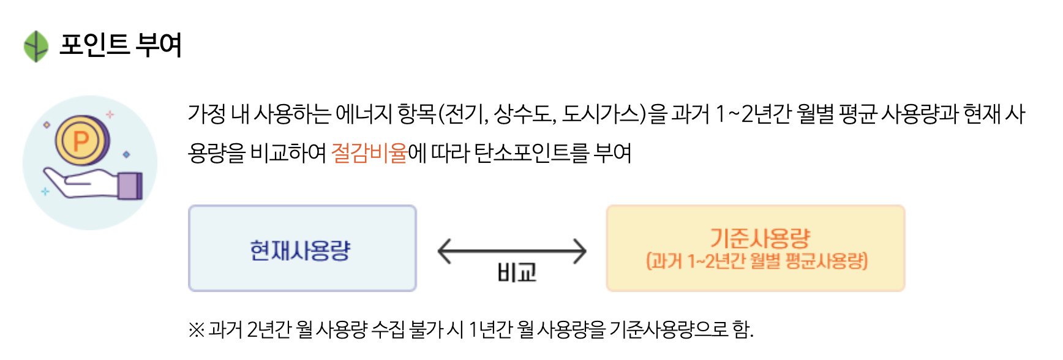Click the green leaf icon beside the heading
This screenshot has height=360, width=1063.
(x=36, y=46)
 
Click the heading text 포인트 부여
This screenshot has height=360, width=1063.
(x=121, y=45)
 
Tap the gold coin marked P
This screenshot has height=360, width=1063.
(x=81, y=141)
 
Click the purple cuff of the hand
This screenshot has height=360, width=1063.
(x=130, y=186)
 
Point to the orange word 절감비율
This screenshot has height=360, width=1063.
(x=369, y=152)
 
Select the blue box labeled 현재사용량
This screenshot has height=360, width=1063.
(x=302, y=249)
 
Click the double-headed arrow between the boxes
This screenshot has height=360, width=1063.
(x=512, y=251)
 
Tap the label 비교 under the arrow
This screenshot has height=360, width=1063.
(x=517, y=272)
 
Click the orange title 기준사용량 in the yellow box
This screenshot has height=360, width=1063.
(x=759, y=238)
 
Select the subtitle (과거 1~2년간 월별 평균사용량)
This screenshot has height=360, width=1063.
(x=756, y=261)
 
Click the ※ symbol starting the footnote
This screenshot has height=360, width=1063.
(x=196, y=330)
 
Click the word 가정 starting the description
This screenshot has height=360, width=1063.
(x=207, y=114)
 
